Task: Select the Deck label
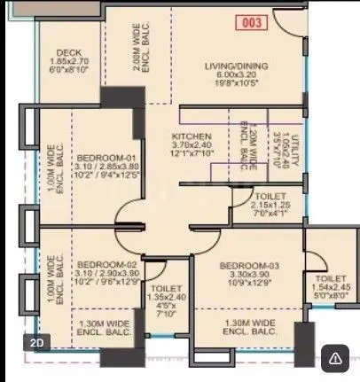68,53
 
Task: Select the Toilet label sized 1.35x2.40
166,290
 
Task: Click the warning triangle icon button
335,358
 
